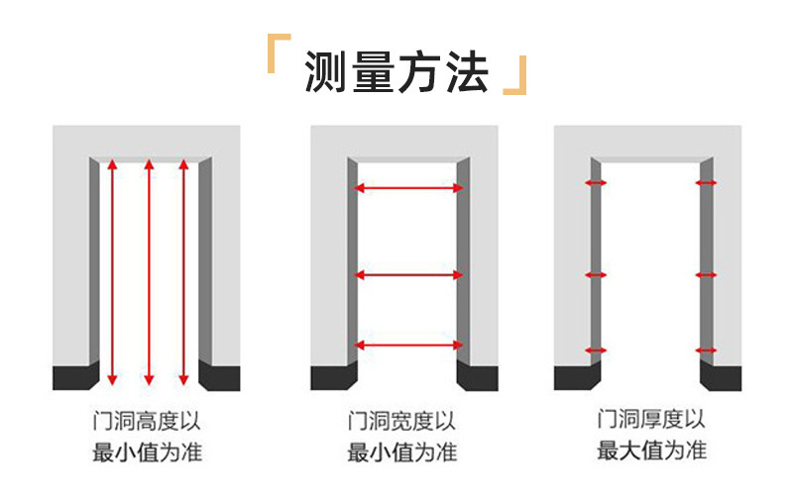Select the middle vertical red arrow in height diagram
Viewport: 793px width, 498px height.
tap(149, 272)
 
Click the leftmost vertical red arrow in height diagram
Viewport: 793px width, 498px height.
tap(112, 272)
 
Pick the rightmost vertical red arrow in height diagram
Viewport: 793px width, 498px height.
tap(183, 272)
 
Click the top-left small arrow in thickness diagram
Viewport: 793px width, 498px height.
tap(596, 183)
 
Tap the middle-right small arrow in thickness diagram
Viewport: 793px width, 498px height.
tap(706, 274)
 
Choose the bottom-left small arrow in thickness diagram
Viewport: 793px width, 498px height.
tap(596, 349)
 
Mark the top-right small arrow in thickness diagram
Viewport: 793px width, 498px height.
tap(706, 183)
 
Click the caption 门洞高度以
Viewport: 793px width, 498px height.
tap(149, 422)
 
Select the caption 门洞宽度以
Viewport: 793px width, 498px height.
tap(401, 422)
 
